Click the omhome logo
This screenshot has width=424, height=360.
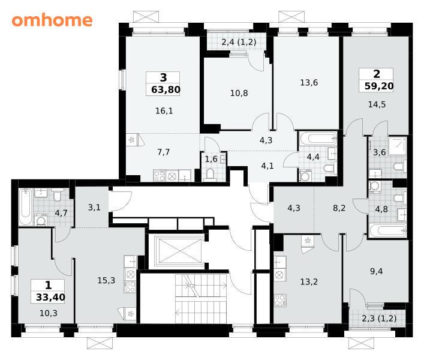point(52,20)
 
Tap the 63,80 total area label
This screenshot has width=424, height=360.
point(166,89)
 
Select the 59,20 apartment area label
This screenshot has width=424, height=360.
point(379,86)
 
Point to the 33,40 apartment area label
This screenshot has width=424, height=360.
point(50,297)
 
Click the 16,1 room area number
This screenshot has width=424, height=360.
point(164,110)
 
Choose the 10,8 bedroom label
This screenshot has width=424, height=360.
point(239,93)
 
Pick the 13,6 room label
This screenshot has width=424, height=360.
point(309,82)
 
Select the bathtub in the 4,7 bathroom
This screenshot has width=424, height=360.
point(25,207)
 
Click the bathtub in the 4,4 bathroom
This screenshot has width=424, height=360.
point(318,139)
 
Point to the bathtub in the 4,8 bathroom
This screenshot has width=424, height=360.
point(388,231)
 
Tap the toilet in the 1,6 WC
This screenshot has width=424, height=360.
point(210,174)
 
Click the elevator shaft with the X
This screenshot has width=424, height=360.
point(179,251)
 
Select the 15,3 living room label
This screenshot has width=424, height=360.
point(106,280)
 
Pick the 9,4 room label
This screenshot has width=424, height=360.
point(376,271)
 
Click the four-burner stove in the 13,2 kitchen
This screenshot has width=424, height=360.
point(280,300)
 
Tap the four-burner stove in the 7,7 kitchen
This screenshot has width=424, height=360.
point(159,176)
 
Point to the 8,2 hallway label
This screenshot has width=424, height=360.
point(339,208)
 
